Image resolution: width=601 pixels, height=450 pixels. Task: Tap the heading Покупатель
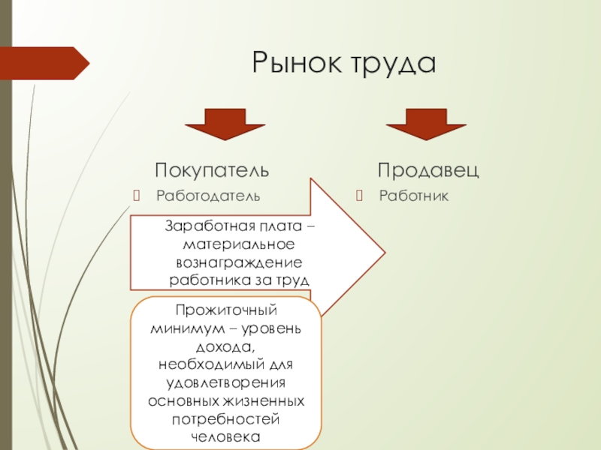point(212,170)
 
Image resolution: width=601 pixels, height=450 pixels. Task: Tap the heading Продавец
point(428,170)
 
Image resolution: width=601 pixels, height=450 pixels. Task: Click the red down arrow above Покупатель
point(214,124)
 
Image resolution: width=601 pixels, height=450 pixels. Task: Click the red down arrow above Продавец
point(427,124)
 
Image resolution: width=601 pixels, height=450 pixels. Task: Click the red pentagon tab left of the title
point(44,63)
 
